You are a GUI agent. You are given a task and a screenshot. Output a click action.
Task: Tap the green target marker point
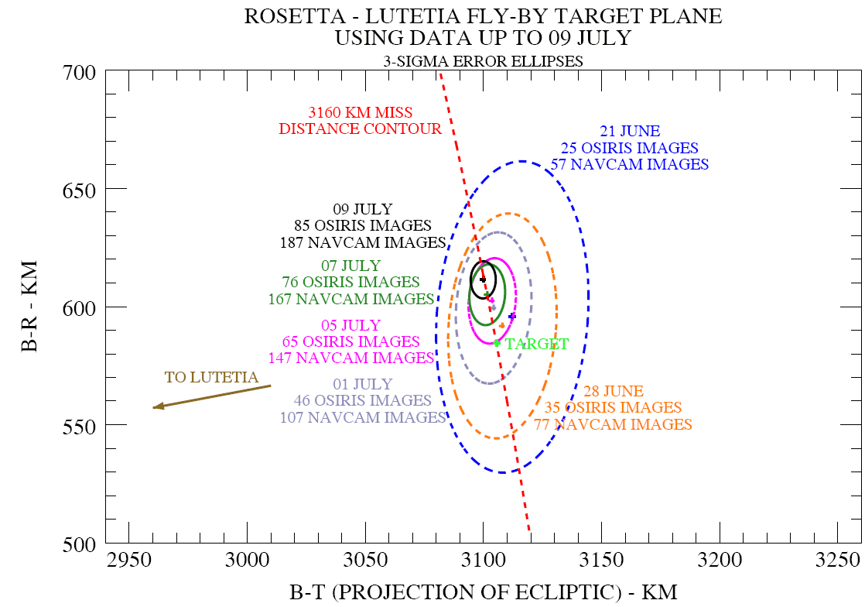(497, 342)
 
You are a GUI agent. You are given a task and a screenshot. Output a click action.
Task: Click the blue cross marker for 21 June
(512, 316)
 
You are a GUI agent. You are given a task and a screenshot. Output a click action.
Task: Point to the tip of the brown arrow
(154, 407)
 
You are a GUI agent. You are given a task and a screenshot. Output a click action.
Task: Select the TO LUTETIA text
(211, 378)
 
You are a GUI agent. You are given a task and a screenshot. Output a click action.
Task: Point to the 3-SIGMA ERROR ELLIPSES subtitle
(483, 61)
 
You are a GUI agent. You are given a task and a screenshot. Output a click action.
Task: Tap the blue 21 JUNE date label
(630, 132)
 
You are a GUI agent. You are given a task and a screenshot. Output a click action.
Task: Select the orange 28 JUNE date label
(615, 391)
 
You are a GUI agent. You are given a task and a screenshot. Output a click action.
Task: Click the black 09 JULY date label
(363, 209)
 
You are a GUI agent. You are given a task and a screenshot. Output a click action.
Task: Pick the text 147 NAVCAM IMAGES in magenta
(351, 358)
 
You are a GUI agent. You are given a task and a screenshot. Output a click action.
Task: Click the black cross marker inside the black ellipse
(482, 279)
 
